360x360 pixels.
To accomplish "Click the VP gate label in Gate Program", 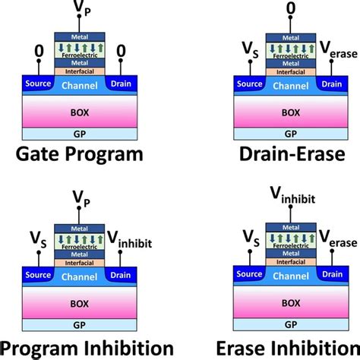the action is [x=81, y=8].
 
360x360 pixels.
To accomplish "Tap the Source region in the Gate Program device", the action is [x=38, y=84].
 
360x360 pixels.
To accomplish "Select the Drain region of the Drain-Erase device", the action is [x=332, y=84].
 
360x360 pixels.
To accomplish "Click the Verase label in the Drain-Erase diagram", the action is [x=339, y=50].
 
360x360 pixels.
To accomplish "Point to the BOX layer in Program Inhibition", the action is [x=80, y=303].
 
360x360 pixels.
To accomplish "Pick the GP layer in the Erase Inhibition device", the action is [x=291, y=324].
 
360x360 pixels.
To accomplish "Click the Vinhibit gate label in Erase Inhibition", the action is [x=292, y=195].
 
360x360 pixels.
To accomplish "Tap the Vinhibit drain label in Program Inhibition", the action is [x=130, y=240].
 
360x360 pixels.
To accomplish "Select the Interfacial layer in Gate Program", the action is [x=80, y=71].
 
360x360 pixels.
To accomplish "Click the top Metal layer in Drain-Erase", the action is [x=291, y=38].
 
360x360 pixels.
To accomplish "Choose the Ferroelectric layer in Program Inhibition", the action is [x=80, y=242].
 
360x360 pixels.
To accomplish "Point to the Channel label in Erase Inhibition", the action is [x=291, y=276].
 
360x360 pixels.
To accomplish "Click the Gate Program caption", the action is [x=80, y=154].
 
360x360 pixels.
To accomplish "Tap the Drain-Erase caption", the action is [x=292, y=154].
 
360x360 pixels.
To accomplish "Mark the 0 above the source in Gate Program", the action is [x=39, y=51].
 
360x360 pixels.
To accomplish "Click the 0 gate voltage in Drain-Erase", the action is [x=291, y=8].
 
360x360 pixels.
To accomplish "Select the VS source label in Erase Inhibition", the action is [x=251, y=238].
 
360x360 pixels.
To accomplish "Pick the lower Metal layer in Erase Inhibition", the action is [x=291, y=254].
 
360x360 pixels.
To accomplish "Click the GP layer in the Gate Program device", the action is [x=80, y=134].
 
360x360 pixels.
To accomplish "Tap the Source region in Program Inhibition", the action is [x=38, y=275].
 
